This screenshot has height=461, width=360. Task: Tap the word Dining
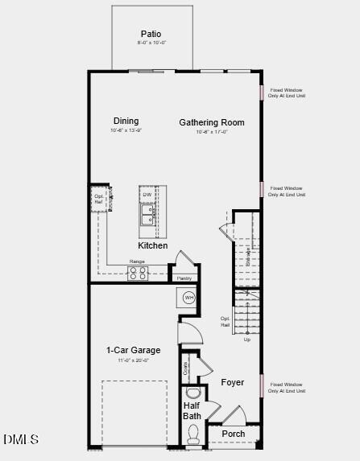point(126,121)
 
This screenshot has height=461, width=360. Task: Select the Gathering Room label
point(212,123)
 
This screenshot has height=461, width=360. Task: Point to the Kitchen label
point(153,245)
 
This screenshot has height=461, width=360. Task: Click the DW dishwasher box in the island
point(147,196)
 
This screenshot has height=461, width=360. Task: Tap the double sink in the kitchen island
point(148,215)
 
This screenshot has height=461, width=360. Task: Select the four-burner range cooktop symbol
point(138,274)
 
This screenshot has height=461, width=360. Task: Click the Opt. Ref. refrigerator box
point(99,200)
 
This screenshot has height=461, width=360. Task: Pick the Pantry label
point(184,278)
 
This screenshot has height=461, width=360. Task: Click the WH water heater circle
point(189,298)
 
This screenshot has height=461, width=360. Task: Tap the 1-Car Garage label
point(134,350)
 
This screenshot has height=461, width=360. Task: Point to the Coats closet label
point(187,368)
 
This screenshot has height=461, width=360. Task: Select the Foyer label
point(233,382)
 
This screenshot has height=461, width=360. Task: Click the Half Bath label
point(192,411)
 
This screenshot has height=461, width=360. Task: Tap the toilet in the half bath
point(193,434)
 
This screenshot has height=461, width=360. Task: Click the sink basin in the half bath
point(192,393)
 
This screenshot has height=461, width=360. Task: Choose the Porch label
point(234,434)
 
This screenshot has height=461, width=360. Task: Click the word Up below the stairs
point(247,340)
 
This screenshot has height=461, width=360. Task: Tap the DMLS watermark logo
point(21,439)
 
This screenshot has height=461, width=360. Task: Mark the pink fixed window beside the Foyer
point(261,385)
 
